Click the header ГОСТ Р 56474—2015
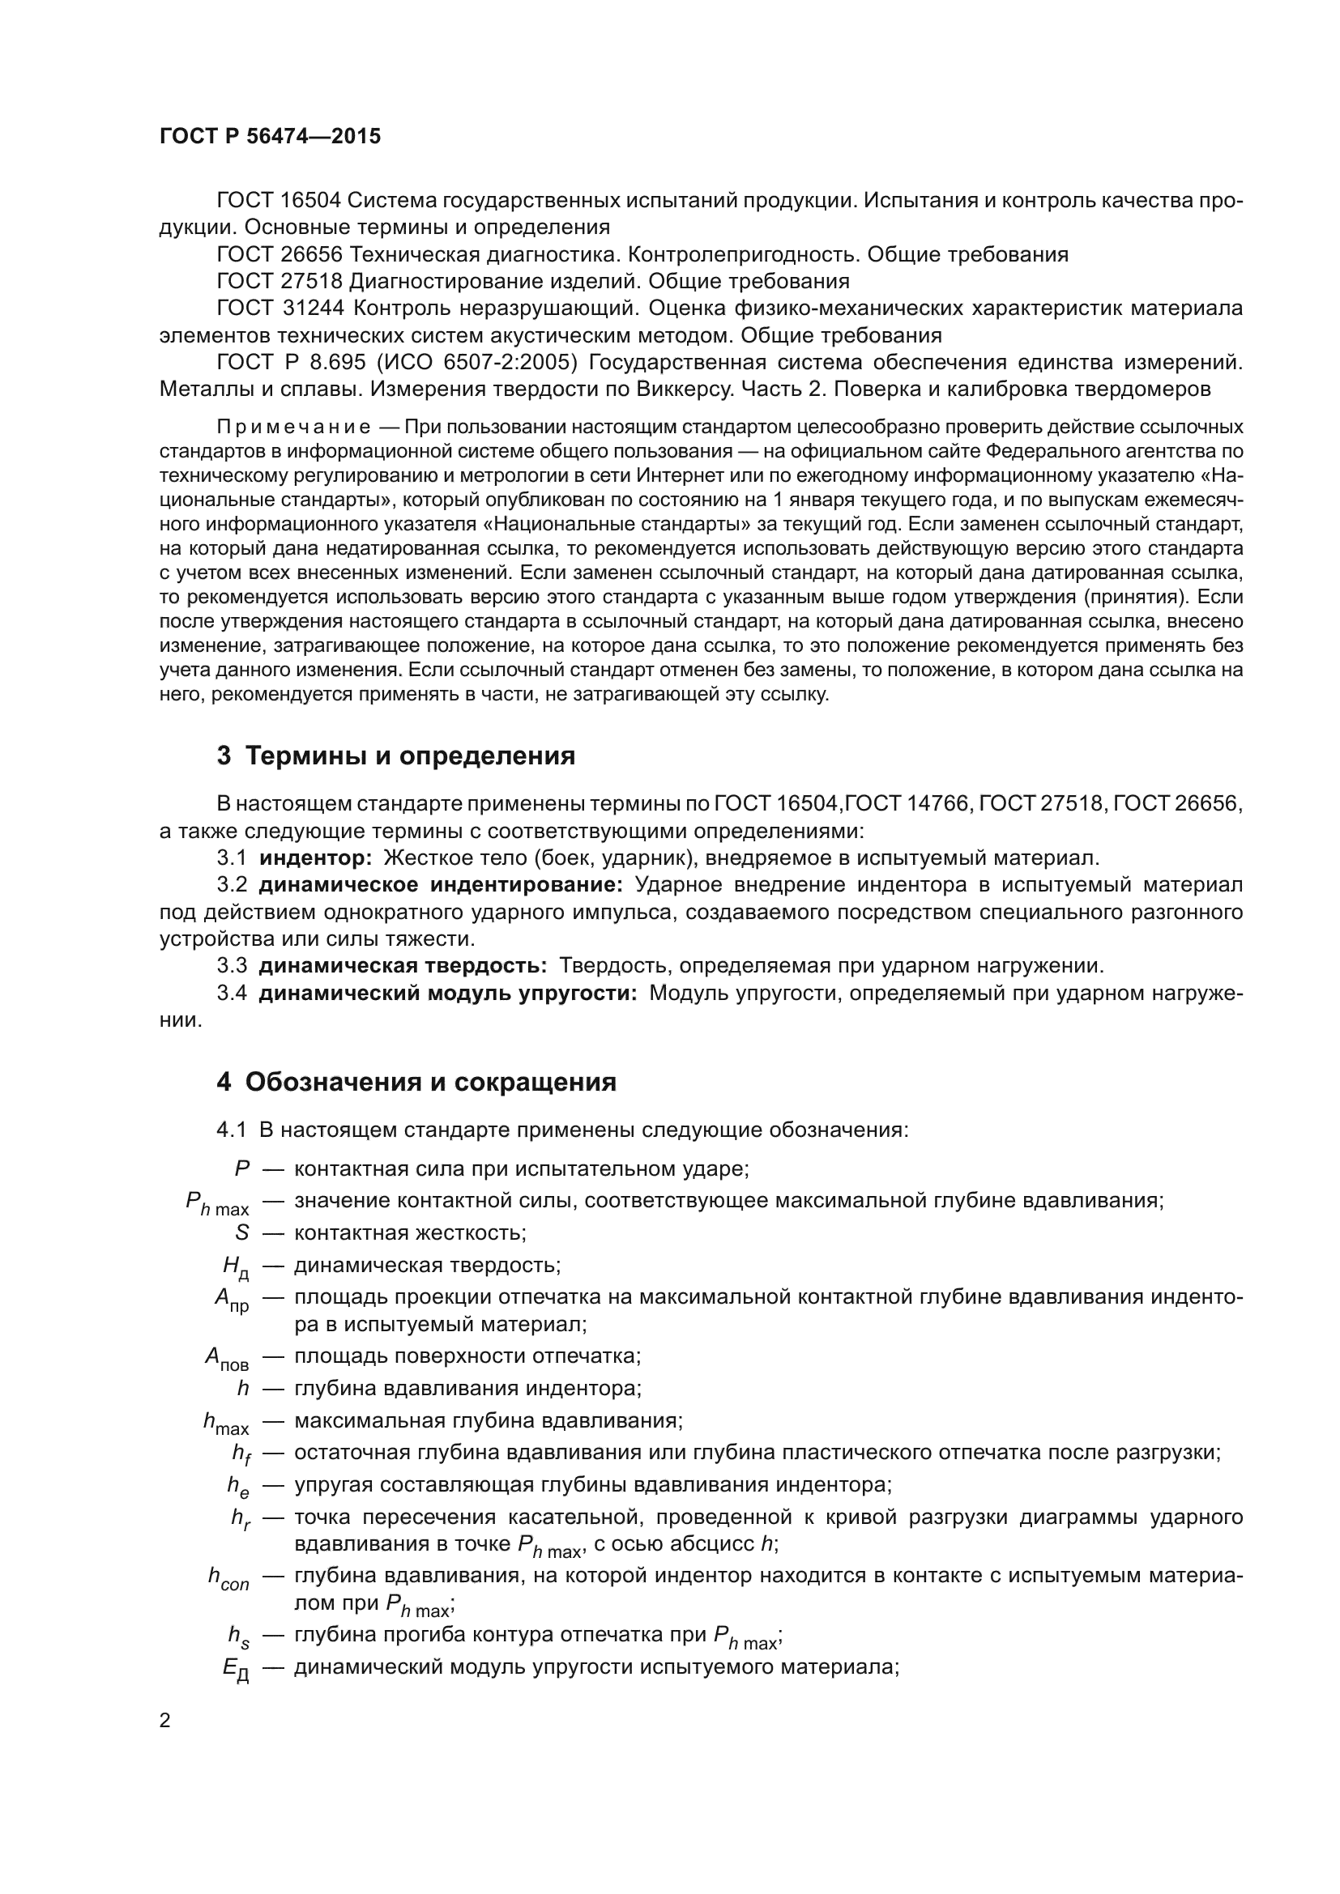coord(270,137)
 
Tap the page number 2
coord(165,1721)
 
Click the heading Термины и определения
coord(410,755)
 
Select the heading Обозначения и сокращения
coord(430,1082)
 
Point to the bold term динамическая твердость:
coord(403,965)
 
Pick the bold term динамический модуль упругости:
coord(448,993)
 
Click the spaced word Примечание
coord(293,428)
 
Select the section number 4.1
coord(232,1130)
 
